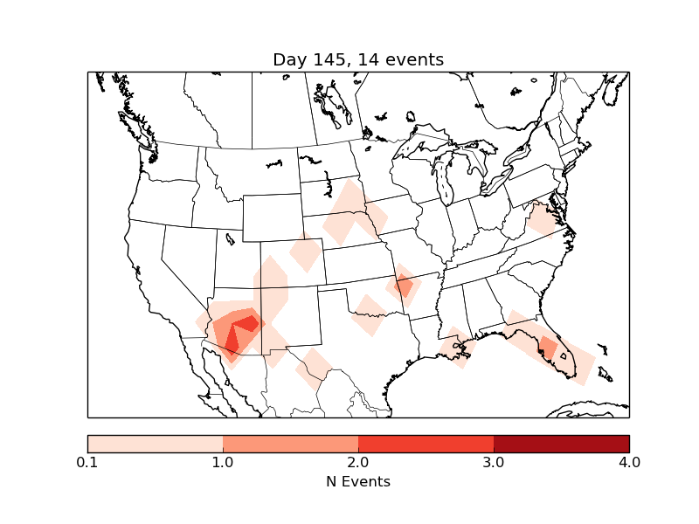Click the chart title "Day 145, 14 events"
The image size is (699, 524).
[x=358, y=59]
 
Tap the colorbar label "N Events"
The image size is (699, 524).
[x=358, y=481]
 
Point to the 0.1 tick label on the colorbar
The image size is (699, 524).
[x=87, y=462]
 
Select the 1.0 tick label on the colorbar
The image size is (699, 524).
[x=223, y=462]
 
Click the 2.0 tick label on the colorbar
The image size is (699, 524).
[x=358, y=462]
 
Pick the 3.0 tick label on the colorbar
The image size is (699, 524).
[x=494, y=462]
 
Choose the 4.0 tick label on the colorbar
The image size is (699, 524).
[x=628, y=462]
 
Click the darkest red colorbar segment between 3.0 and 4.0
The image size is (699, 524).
[x=561, y=443]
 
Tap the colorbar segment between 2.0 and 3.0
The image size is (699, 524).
[x=426, y=443]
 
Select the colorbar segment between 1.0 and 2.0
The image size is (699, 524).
[x=290, y=443]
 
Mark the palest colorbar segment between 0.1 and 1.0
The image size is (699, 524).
[x=155, y=443]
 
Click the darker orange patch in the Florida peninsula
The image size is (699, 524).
[x=549, y=348]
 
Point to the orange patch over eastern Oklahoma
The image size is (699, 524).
[x=404, y=286]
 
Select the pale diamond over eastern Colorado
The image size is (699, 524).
[x=306, y=252]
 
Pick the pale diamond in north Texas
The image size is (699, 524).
[x=370, y=315]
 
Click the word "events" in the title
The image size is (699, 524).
[x=414, y=59]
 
